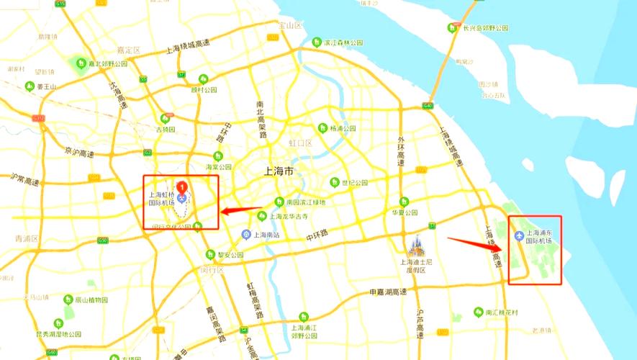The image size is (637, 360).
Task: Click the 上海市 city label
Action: pyautogui.click(x=279, y=172)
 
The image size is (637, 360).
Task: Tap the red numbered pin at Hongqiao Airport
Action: pyautogui.click(x=182, y=189)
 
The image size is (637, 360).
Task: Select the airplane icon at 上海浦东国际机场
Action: pyautogui.click(x=520, y=236)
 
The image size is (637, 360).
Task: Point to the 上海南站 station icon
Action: pyautogui.click(x=245, y=235)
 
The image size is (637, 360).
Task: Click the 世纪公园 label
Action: pyautogui.click(x=354, y=183)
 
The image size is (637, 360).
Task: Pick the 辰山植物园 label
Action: pyautogui.click(x=91, y=300)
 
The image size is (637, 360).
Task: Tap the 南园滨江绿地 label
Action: pyautogui.click(x=305, y=202)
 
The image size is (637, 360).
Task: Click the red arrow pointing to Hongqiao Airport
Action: pyautogui.click(x=241, y=211)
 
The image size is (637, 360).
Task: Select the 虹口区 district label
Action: pyautogui.click(x=301, y=143)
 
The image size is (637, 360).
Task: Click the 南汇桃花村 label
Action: pyautogui.click(x=501, y=312)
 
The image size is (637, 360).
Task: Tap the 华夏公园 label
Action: pyautogui.click(x=405, y=213)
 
